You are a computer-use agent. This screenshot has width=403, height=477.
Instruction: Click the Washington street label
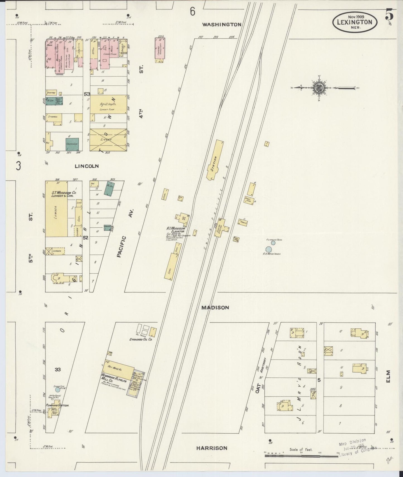click(x=222, y=24)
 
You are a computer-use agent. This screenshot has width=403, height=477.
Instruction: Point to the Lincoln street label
click(x=87, y=166)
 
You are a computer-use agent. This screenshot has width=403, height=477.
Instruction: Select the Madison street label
click(x=215, y=308)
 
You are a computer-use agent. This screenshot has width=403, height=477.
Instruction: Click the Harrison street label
click(x=211, y=448)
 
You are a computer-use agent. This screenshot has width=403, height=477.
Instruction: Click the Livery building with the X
click(x=108, y=140)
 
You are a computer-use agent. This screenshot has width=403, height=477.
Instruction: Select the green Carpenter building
click(x=72, y=144)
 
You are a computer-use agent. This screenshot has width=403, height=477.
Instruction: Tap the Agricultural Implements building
click(x=108, y=104)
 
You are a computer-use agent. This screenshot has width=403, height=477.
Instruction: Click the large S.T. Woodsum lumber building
click(x=56, y=209)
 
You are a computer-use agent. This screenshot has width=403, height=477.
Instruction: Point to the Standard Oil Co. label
click(x=140, y=340)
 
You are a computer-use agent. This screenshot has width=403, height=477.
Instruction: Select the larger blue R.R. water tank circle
click(x=269, y=249)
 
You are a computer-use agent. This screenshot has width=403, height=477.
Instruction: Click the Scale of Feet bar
click(x=301, y=456)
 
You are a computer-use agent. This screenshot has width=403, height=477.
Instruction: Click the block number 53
click(x=87, y=94)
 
